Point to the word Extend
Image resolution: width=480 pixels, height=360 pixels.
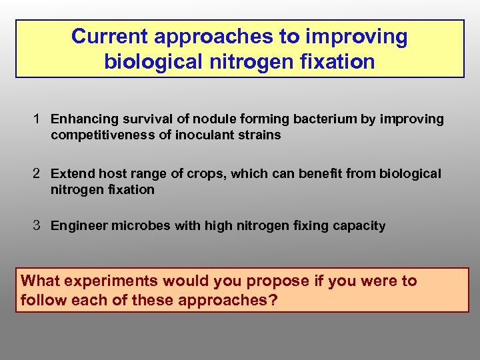coord(73,173)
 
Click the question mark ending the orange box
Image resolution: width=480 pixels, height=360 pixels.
coord(273,300)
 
